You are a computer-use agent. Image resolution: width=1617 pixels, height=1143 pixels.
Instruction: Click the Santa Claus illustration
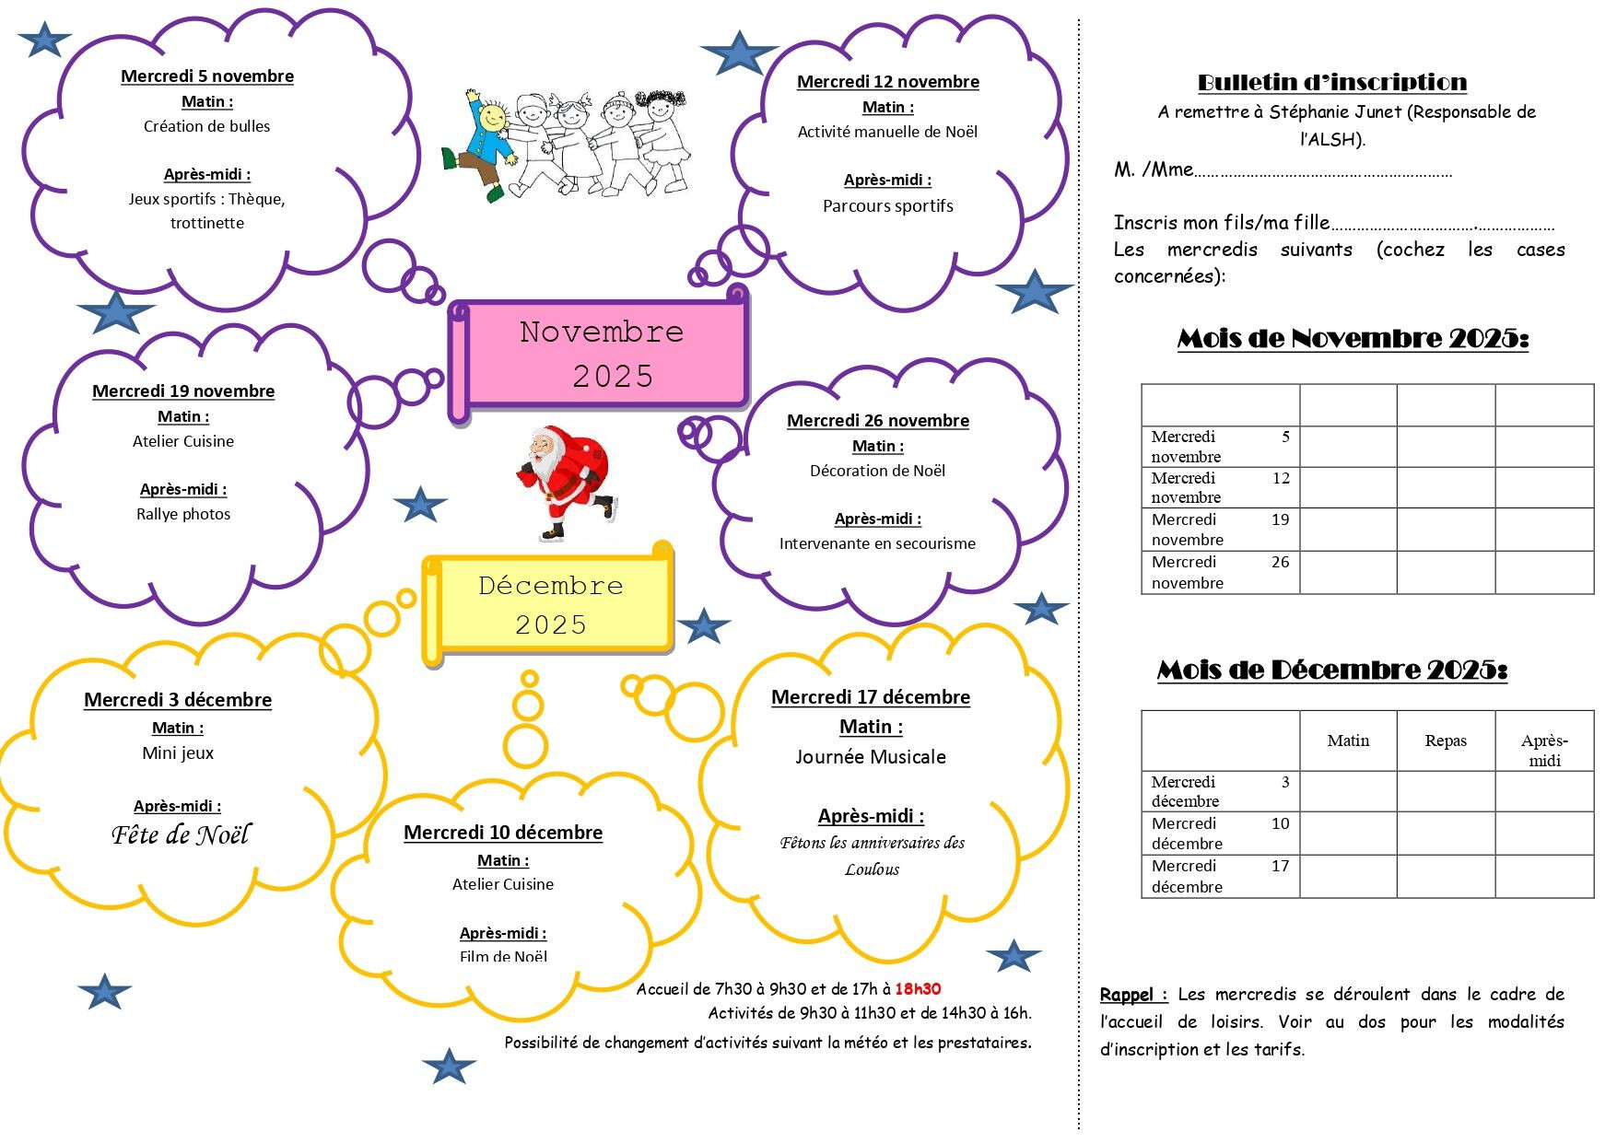tap(564, 481)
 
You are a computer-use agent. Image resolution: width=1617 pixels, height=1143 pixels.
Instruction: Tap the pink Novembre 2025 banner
tap(601, 354)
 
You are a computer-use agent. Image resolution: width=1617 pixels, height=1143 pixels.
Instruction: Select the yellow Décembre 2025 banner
tap(551, 604)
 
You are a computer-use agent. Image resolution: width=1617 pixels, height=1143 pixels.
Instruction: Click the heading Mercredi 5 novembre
tap(207, 76)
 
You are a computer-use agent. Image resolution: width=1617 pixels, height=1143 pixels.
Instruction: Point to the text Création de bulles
tap(207, 126)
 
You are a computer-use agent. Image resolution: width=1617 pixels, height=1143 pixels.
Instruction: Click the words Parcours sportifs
tap(888, 206)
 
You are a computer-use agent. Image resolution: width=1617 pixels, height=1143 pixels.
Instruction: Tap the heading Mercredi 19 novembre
tap(183, 391)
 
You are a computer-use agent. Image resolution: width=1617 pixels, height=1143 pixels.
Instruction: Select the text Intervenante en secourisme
tap(877, 543)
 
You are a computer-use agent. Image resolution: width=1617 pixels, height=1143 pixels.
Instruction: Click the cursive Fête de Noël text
tap(181, 834)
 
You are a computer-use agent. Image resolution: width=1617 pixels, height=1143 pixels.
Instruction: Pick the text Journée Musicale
tap(871, 757)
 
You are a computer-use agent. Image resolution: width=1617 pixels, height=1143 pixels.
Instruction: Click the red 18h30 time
tap(918, 989)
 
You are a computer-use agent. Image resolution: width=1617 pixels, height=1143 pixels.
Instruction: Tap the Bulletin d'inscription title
tap(1331, 83)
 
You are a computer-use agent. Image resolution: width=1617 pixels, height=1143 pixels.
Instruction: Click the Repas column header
tap(1445, 741)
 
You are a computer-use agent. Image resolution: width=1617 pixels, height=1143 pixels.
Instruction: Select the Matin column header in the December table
tap(1348, 741)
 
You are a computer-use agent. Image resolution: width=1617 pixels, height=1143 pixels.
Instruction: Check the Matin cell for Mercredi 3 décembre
tap(1348, 791)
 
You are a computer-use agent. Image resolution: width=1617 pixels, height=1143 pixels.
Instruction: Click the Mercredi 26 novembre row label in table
tap(1219, 572)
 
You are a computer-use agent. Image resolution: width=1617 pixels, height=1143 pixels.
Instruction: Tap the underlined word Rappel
tap(1128, 995)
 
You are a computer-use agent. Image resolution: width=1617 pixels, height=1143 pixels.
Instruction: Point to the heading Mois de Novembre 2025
tap(1353, 339)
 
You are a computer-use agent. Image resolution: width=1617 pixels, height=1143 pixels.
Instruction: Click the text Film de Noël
tap(503, 956)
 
